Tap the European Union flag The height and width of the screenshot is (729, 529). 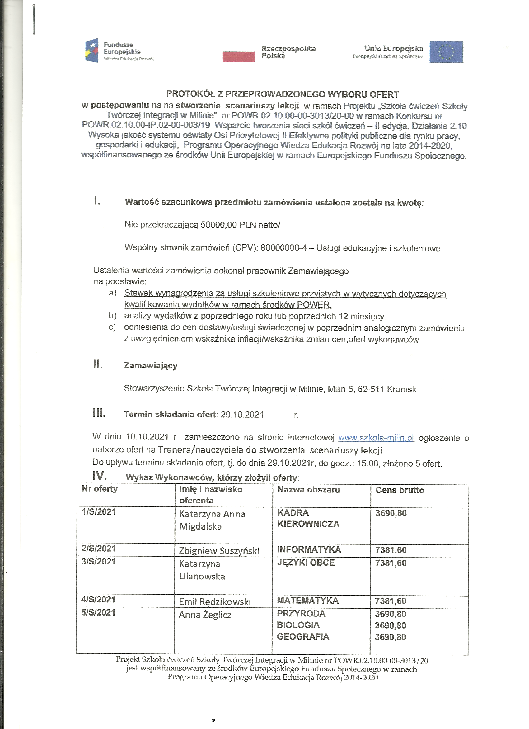click(x=446, y=51)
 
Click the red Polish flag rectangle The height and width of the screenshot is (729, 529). click(x=238, y=56)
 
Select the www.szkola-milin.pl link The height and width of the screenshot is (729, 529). click(x=376, y=438)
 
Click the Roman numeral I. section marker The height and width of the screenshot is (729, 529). click(x=97, y=202)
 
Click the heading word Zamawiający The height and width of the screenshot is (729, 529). click(x=151, y=366)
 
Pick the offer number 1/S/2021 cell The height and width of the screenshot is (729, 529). click(x=99, y=512)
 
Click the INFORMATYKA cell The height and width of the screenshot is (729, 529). click(x=309, y=550)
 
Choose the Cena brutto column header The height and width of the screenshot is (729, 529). click(x=400, y=490)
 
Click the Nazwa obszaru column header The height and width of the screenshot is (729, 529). click(x=308, y=490)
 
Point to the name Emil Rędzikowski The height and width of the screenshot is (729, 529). click(x=215, y=602)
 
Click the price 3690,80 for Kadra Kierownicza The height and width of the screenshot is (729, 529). click(x=391, y=513)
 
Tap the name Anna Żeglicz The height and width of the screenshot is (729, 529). click(x=205, y=615)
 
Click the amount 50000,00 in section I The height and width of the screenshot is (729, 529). click(x=218, y=225)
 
